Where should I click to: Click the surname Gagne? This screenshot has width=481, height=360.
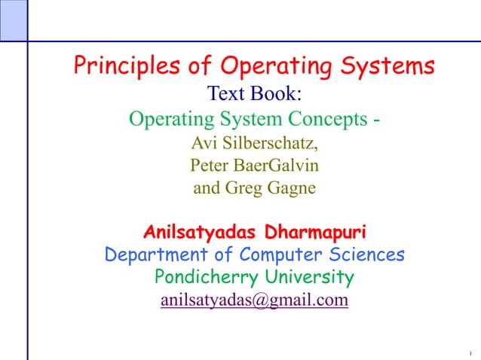pos(290,188)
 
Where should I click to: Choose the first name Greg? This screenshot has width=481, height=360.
pos(244,188)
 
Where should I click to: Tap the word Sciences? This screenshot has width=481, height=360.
pos(366,254)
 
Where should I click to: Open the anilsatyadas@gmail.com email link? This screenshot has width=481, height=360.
pos(254,301)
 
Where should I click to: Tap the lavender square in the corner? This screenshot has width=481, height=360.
pos(13,20)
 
